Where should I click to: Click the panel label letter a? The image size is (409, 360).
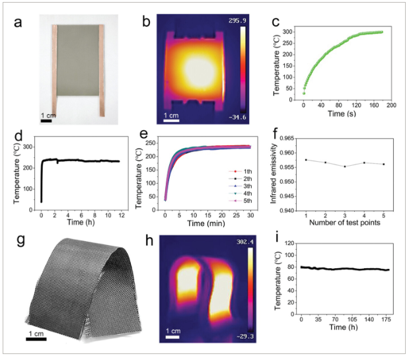click(19, 22)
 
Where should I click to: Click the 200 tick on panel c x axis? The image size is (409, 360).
click(390, 105)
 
